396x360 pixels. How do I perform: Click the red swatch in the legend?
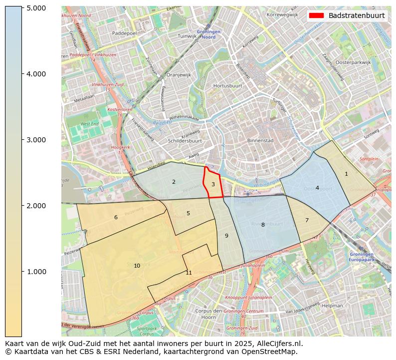316,15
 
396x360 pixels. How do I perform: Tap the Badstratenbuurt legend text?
356,15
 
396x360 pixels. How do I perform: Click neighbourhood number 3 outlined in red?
213,184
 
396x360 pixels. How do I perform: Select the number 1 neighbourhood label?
346,174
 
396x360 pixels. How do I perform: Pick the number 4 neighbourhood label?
317,188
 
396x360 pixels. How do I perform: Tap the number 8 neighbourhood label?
263,225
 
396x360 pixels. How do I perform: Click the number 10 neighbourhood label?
137,266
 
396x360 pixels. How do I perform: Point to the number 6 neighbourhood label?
116,217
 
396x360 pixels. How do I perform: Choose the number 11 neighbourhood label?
189,273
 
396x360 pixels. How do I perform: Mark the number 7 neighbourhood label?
307,220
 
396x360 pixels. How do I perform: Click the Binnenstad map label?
260,141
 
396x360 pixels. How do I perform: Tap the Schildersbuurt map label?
185,141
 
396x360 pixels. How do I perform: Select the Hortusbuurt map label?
227,86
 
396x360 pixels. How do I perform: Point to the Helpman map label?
333,305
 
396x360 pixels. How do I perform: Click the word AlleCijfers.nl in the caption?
277,344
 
